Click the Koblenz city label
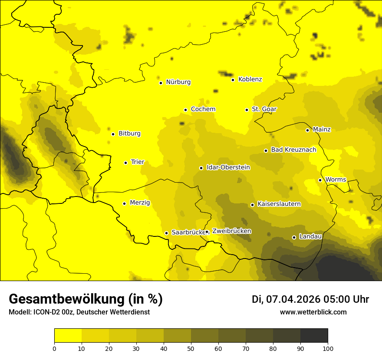[250, 79]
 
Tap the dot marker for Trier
[126, 163]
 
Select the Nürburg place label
[178, 82]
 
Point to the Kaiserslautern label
[279, 204]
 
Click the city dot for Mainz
[307, 130]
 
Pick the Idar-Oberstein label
[228, 167]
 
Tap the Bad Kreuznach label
[293, 150]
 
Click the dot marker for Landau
[294, 237]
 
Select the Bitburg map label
[129, 134]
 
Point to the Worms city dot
[320, 180]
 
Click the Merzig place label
[140, 203]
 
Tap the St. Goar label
[264, 109]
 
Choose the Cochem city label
[203, 109]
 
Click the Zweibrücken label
[231, 231]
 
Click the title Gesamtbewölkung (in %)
[86, 299]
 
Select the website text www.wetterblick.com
[313, 312]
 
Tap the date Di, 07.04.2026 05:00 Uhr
[310, 299]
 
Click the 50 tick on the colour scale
[191, 348]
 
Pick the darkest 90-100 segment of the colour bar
[314, 336]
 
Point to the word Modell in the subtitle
[19, 312]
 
